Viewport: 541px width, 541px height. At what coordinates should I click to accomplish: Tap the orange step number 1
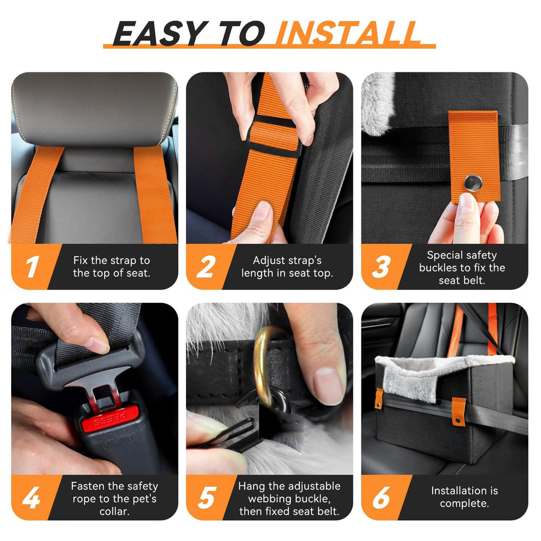pos(32,267)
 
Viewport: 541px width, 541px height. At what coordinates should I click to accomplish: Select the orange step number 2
pos(206,267)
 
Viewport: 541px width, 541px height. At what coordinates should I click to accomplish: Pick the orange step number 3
pos(381,267)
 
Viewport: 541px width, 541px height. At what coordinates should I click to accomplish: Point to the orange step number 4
pos(31,498)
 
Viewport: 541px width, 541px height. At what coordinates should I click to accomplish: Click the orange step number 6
pos(381,498)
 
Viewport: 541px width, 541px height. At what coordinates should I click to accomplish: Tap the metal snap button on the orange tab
pos(473,183)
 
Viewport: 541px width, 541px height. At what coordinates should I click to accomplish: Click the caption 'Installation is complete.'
pos(464,497)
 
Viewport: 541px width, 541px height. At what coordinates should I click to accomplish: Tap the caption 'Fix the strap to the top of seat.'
pos(111,267)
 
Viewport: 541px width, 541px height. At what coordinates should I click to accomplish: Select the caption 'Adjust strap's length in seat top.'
pos(287,267)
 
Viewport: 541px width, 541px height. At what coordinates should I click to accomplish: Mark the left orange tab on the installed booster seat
pos(379,398)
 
